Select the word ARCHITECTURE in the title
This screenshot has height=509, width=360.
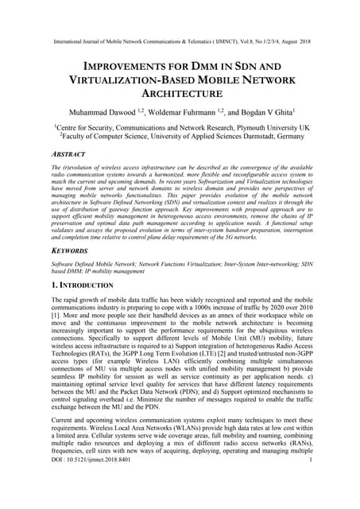pyautogui.click(x=180, y=94)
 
